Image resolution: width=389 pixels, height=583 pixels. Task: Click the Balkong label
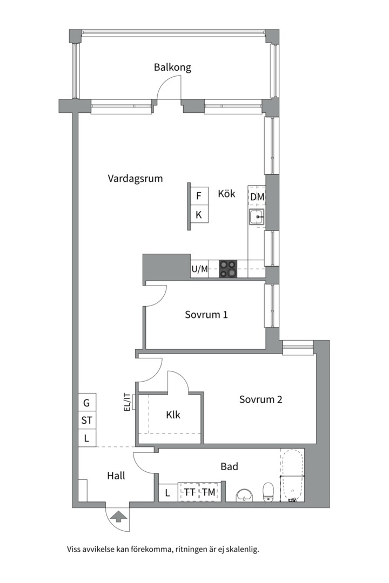[x=172, y=67]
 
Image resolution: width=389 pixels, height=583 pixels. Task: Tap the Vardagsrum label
[x=135, y=179]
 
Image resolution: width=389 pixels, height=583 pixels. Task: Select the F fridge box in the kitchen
[x=199, y=195]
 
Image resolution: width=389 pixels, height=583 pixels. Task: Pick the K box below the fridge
[x=199, y=214]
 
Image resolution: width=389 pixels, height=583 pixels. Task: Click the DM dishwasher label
[x=257, y=197]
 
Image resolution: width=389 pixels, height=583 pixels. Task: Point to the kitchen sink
[x=257, y=216]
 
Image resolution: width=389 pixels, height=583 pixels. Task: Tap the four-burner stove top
[x=228, y=268]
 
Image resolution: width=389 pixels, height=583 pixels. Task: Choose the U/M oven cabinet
[x=199, y=269]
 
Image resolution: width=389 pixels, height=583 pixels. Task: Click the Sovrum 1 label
[x=206, y=315]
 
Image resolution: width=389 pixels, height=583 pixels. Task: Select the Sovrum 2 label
[x=260, y=399]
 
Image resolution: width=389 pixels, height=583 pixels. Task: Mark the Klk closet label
[x=173, y=415]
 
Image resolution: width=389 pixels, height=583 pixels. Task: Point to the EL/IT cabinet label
[x=128, y=403]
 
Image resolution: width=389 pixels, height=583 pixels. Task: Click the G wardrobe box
[x=87, y=403]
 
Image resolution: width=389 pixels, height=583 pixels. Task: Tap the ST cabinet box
[x=87, y=421]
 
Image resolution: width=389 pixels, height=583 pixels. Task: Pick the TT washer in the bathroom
[x=189, y=492]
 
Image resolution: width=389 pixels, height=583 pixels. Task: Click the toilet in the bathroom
[x=268, y=492]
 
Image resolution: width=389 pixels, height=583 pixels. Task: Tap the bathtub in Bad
[x=292, y=476]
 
